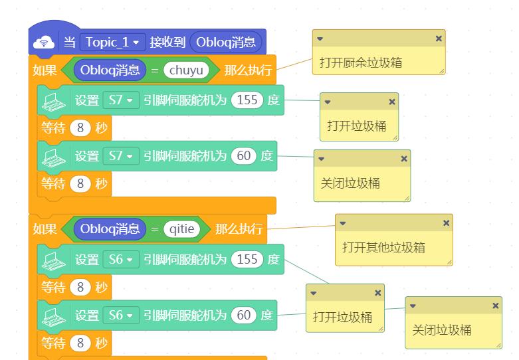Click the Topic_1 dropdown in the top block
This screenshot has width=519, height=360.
tap(112, 43)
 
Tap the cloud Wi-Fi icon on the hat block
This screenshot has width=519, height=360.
tap(44, 43)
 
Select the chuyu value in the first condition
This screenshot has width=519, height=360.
tap(186, 70)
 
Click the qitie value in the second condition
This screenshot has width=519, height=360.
tap(181, 229)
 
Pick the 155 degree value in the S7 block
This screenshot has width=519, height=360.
tap(247, 100)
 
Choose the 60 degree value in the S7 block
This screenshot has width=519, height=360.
tap(244, 156)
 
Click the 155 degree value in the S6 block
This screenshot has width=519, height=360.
tap(247, 259)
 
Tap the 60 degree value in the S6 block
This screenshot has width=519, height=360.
tap(244, 315)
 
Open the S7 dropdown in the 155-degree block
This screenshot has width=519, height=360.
tap(121, 100)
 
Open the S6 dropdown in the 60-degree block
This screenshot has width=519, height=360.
tap(121, 315)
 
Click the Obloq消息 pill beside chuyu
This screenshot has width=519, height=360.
tap(110, 70)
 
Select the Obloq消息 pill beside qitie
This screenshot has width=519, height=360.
tap(110, 229)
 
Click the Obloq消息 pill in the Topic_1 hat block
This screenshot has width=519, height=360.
tap(226, 43)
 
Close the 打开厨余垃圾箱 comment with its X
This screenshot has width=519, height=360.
tap(439, 39)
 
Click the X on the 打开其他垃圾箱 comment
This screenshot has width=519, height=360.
tap(446, 223)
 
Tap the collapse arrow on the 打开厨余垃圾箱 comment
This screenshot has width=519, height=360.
tap(320, 39)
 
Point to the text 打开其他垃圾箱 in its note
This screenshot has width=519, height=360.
tap(383, 247)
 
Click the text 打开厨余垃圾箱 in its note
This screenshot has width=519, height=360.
tap(361, 62)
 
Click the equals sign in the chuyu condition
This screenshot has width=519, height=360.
tap(155, 70)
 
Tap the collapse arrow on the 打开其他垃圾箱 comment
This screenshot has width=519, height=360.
tap(343, 223)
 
